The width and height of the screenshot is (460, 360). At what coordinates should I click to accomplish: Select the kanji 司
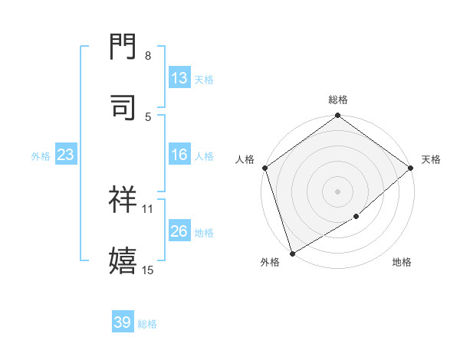[x=123, y=107]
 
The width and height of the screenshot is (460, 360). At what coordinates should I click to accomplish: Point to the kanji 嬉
[x=123, y=260]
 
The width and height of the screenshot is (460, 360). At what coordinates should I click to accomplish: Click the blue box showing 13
[x=179, y=78]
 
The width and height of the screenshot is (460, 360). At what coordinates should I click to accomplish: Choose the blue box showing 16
[x=179, y=155]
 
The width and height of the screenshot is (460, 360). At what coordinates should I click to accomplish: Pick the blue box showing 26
[x=179, y=232]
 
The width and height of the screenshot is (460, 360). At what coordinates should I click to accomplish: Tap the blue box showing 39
[x=123, y=322]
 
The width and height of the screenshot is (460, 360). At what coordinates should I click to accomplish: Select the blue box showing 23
[x=66, y=155]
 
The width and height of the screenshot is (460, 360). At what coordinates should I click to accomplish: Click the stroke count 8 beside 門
[x=148, y=56]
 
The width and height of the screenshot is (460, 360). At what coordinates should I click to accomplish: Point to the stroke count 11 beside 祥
[x=148, y=208]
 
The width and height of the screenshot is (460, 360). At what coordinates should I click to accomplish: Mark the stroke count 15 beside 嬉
[x=148, y=269]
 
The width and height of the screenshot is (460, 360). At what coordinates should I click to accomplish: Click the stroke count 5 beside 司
[x=148, y=116]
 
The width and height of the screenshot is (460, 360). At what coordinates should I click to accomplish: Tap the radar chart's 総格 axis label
[x=338, y=100]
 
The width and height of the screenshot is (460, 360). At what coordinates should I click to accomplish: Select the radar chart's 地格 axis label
[x=402, y=263]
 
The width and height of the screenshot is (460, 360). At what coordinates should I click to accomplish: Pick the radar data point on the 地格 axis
[x=356, y=217]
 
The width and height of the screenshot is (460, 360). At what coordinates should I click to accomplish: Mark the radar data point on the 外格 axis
[x=292, y=253]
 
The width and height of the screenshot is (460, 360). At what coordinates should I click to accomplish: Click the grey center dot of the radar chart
[x=337, y=191]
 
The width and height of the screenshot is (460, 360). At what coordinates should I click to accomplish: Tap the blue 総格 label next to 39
[x=147, y=323]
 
